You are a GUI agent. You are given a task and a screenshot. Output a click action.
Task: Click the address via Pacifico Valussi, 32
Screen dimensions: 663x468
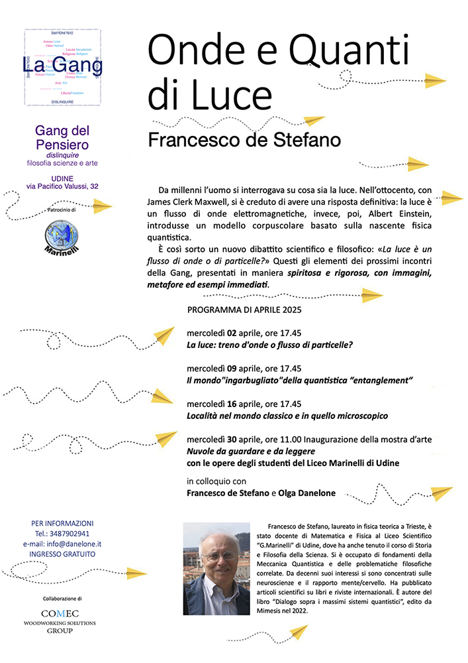point(62,188)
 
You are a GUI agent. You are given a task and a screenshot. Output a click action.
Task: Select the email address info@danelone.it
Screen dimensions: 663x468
point(78,543)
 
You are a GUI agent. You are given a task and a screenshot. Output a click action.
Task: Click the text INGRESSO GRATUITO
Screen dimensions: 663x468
point(62,553)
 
